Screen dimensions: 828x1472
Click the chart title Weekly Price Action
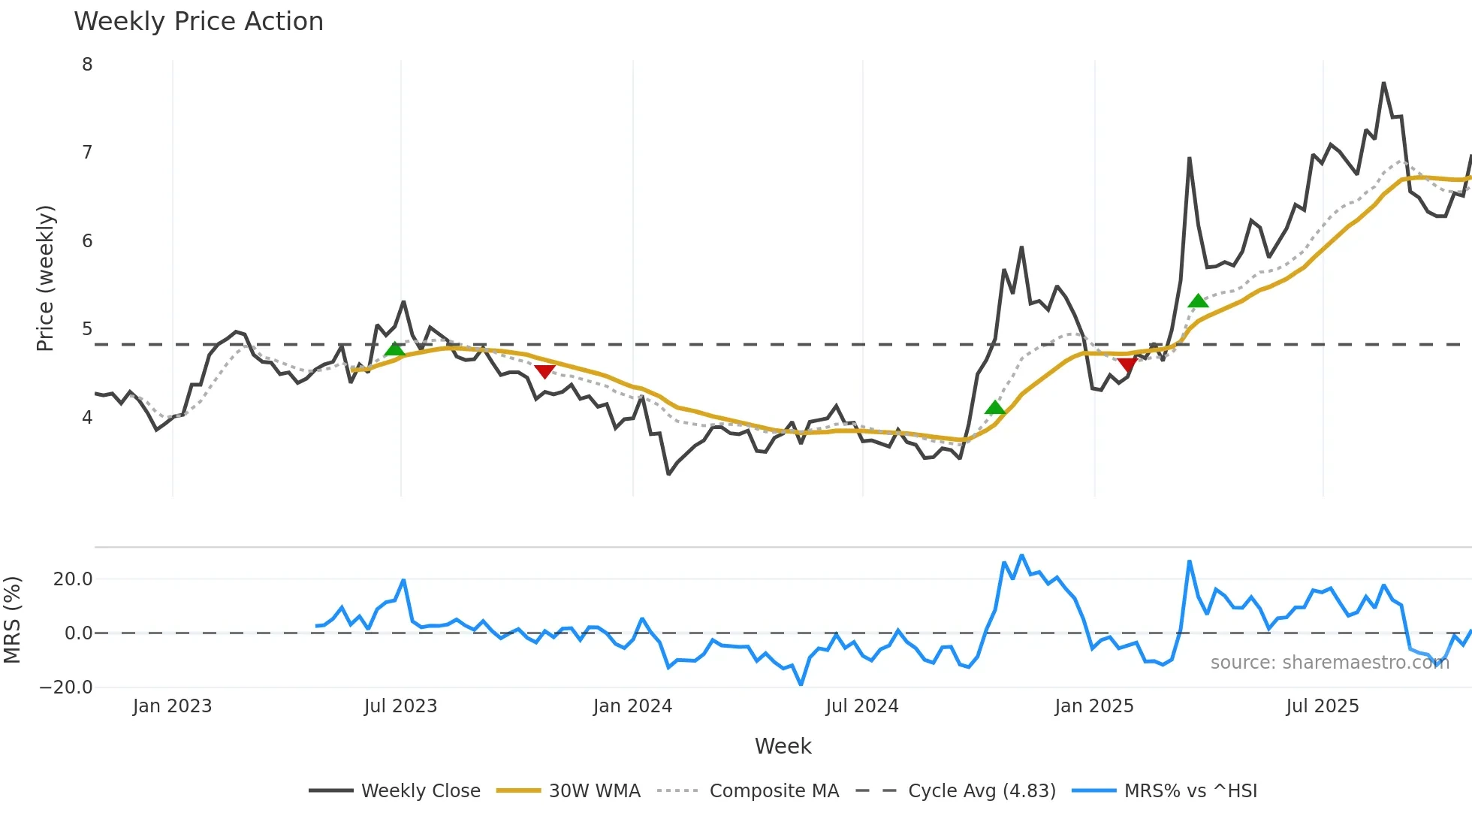(x=198, y=22)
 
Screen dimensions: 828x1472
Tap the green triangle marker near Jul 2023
(x=394, y=349)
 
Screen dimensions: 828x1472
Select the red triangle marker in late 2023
(x=544, y=371)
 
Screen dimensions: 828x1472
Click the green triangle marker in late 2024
(x=995, y=408)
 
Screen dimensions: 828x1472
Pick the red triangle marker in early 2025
(x=1127, y=365)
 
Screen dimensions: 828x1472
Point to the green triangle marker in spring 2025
(x=1198, y=301)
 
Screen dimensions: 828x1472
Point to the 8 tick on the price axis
(x=87, y=65)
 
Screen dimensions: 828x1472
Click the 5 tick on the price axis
(x=87, y=329)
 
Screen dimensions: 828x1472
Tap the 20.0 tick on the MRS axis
(x=73, y=579)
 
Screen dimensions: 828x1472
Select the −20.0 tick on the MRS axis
(x=66, y=687)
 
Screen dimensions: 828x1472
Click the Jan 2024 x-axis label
(x=632, y=706)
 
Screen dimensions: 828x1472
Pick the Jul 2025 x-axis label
(x=1322, y=706)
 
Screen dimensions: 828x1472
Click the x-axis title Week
(x=783, y=746)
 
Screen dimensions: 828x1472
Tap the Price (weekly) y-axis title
(x=45, y=278)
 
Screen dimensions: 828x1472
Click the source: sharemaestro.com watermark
(x=1329, y=663)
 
